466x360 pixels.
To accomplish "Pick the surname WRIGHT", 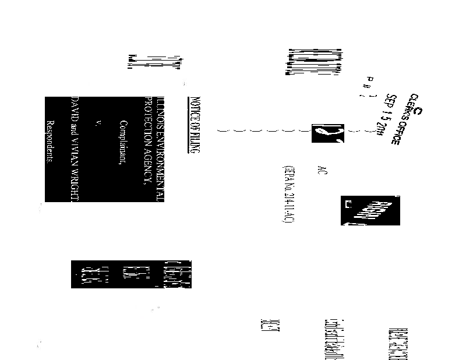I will click(x=74, y=185).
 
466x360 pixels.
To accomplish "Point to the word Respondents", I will click(x=50, y=142).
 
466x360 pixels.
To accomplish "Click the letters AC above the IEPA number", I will click(x=322, y=170).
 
